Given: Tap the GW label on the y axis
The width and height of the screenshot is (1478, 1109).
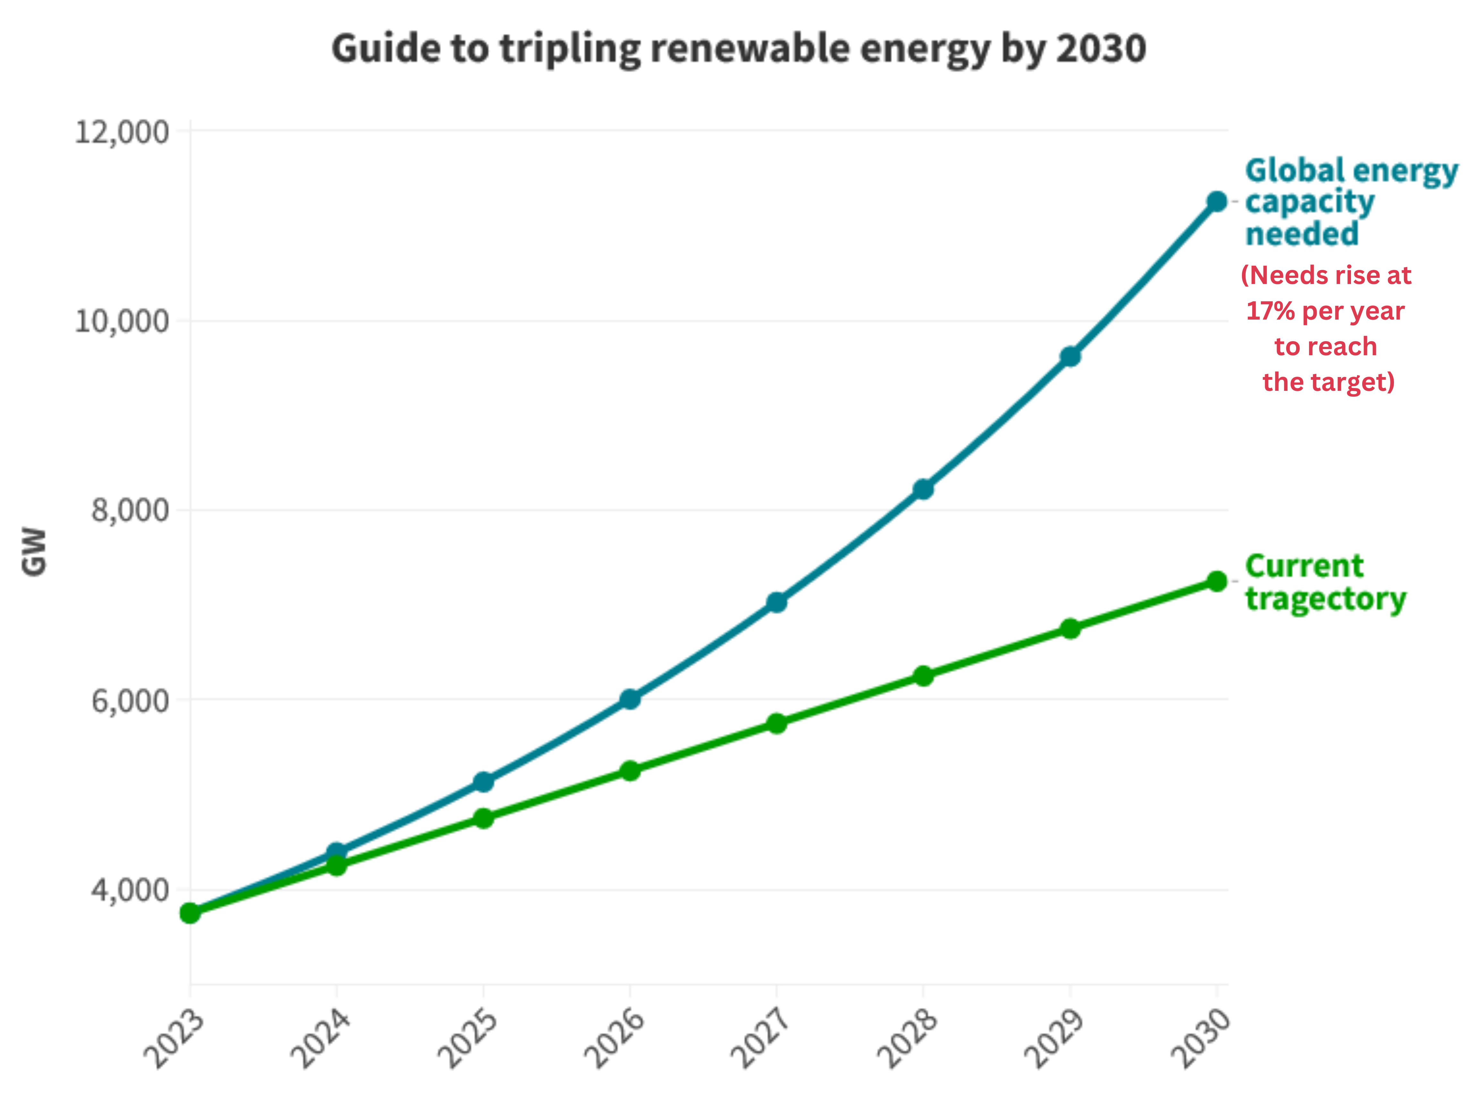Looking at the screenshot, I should [x=33, y=552].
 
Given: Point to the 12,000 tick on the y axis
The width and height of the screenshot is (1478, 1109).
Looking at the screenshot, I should [x=122, y=132].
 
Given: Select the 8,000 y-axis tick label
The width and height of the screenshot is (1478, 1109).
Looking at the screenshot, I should [x=130, y=510].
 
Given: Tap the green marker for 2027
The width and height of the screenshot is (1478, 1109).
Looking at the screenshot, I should [x=777, y=723].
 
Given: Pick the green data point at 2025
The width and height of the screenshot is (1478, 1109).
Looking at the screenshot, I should [x=483, y=818].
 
